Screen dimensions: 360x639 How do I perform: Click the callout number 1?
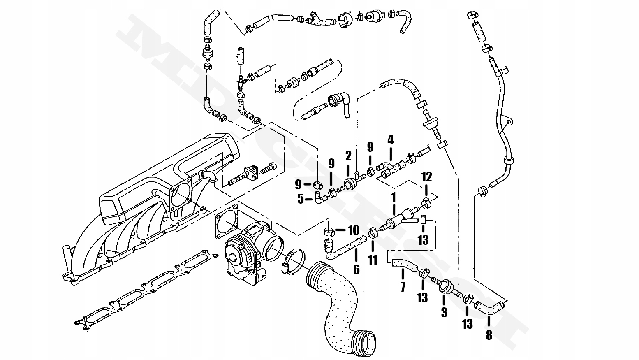pyautogui.click(x=394, y=197)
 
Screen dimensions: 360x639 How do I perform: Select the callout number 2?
pyautogui.click(x=348, y=156)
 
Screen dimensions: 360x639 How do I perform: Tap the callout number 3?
pyautogui.click(x=444, y=312)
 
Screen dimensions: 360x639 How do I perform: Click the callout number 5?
pyautogui.click(x=301, y=200)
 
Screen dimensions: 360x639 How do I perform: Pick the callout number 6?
pyautogui.click(x=356, y=269)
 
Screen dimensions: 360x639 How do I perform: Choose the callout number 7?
pyautogui.click(x=403, y=287)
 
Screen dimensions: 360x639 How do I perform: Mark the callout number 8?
pyautogui.click(x=489, y=335)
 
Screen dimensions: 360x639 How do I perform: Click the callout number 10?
pyautogui.click(x=353, y=230)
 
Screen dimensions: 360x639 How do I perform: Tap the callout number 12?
pyautogui.click(x=426, y=177)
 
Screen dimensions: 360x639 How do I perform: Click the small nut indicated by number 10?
pyautogui.click(x=329, y=231)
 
